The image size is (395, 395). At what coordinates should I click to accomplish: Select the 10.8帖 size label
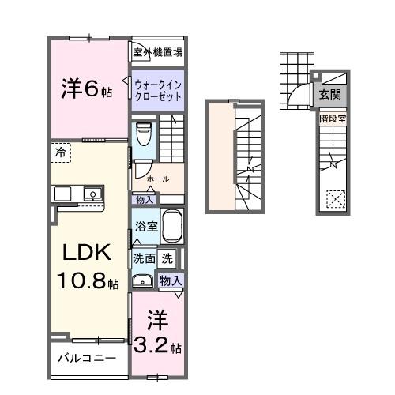click(87, 282)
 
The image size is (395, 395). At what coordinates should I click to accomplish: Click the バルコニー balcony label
click(87, 358)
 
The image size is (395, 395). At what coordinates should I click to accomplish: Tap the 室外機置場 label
click(157, 53)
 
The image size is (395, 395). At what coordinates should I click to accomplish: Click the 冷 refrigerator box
click(61, 151)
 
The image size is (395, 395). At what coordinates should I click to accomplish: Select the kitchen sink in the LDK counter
click(92, 193)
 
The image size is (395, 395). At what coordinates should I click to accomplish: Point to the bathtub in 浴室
click(172, 228)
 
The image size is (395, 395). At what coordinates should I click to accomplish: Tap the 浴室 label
click(144, 225)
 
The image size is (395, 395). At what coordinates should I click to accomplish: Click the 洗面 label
click(144, 258)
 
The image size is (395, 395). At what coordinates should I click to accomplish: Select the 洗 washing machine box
click(167, 258)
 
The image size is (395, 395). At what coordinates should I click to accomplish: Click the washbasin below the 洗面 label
click(143, 280)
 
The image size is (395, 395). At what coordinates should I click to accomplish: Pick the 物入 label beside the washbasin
click(171, 280)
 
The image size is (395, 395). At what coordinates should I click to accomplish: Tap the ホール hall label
click(158, 179)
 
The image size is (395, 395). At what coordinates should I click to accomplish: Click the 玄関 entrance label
click(330, 94)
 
